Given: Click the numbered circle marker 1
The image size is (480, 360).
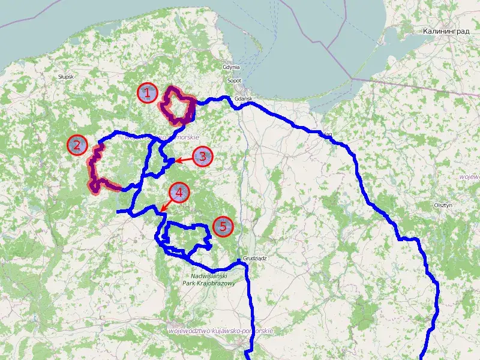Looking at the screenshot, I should (148, 93).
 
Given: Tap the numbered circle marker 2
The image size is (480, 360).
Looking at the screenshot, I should (77, 145).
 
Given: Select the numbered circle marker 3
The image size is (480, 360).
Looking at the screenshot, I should (202, 157).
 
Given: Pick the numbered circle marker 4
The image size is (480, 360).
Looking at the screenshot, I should (179, 193).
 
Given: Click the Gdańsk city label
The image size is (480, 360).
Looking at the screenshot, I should (242, 98).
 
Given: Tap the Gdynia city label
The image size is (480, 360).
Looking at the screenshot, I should (231, 67).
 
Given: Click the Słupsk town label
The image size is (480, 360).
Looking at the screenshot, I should (65, 77).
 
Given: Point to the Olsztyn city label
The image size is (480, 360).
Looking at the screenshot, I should (442, 205).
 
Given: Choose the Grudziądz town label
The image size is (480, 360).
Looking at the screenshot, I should (254, 258).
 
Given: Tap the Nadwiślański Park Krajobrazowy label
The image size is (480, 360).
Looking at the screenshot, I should (208, 279).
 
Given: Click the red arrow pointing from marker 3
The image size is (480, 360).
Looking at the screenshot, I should (183, 160).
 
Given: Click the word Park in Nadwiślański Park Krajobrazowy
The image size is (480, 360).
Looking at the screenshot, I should (190, 283).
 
